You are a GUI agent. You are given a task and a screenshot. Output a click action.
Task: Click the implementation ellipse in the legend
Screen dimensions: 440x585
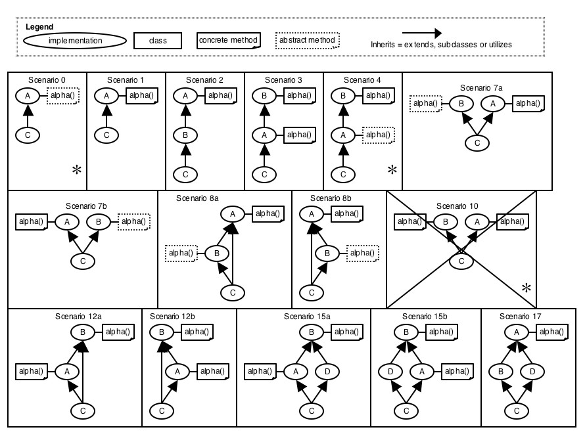pos(75,41)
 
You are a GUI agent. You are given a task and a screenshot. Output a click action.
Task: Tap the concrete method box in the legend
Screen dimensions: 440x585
pos(228,41)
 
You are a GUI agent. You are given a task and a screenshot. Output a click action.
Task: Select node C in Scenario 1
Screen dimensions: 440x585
pos(106,136)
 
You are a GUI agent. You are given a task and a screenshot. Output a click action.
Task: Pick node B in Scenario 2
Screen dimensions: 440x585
pos(185,136)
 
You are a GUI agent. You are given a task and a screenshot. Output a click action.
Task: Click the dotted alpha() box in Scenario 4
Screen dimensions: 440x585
pos(378,135)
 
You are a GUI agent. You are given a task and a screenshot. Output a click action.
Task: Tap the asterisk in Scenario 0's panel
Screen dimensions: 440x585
pos(77,170)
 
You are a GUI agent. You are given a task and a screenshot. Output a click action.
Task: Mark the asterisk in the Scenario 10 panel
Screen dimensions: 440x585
pos(526,288)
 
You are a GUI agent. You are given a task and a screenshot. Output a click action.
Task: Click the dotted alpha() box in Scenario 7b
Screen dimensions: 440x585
pos(133,222)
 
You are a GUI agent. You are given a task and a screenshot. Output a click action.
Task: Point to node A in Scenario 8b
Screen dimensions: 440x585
pos(312,213)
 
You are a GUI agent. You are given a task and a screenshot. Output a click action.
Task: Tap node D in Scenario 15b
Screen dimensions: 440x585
pos(391,372)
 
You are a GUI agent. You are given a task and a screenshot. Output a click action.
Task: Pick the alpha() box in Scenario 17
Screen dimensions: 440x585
pos(553,332)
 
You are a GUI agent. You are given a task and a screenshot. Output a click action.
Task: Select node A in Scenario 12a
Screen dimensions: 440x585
pos(66,372)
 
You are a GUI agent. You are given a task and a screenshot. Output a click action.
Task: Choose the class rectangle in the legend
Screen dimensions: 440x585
pos(158,41)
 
